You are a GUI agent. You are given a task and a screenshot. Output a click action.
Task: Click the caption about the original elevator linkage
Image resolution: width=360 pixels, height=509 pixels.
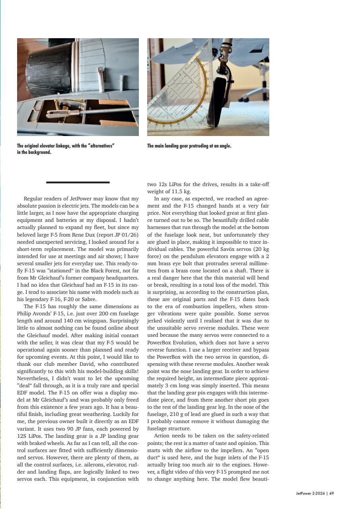pyautogui.click(x=66, y=149)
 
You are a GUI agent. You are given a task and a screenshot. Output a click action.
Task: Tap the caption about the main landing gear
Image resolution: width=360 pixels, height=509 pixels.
pyautogui.click(x=189, y=146)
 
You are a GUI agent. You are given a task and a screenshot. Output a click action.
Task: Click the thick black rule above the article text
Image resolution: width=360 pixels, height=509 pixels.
pyautogui.click(x=78, y=183)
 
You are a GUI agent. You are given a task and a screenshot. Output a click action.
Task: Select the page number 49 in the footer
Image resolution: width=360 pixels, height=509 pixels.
pyautogui.click(x=331, y=493)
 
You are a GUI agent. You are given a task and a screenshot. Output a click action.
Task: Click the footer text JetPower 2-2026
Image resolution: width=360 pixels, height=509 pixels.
pyautogui.click(x=309, y=493)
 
